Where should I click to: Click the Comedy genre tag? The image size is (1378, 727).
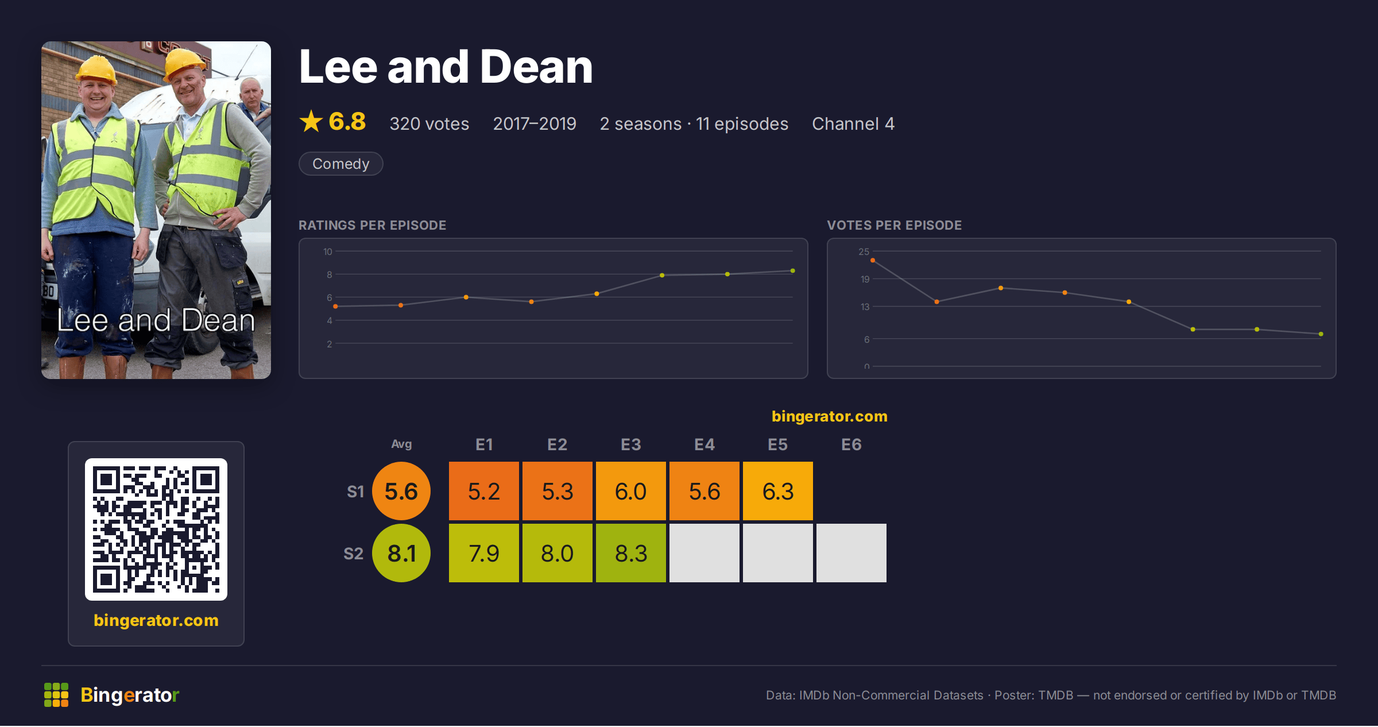[x=340, y=164]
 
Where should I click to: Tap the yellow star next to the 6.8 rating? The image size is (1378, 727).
[x=311, y=121]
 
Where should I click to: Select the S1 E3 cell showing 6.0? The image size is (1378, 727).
[x=630, y=491]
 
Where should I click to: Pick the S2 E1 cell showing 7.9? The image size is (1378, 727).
[x=483, y=553]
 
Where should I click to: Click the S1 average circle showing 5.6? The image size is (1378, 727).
[x=401, y=491]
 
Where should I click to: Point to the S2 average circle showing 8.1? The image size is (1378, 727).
[x=401, y=553]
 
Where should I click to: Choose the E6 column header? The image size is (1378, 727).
[x=851, y=444]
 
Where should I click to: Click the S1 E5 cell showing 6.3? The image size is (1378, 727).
[x=777, y=491]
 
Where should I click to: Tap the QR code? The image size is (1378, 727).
[x=156, y=529]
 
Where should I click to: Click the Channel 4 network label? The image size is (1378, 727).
[x=853, y=123]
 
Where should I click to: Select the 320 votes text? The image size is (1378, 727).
[x=429, y=123]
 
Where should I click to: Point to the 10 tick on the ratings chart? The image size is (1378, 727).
[x=328, y=252]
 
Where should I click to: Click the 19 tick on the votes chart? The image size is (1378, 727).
[x=865, y=279]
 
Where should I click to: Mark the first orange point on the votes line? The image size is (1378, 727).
[x=873, y=261]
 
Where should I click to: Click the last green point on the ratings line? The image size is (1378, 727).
[x=793, y=271]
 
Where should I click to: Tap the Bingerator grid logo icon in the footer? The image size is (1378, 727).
[x=56, y=695]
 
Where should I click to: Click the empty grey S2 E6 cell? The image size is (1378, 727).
[x=851, y=553]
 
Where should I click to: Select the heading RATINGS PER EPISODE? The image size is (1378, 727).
[x=372, y=225]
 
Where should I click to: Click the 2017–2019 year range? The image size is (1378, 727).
[x=535, y=123]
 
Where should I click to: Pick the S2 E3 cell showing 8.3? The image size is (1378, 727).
[x=630, y=553]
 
